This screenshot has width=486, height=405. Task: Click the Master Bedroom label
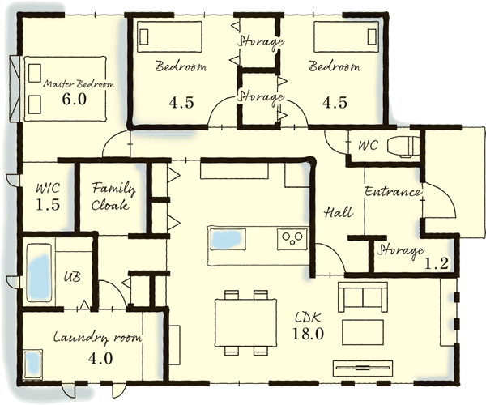[79, 84]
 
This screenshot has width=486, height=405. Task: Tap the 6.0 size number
[74, 99]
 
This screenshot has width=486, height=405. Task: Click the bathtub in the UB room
[39, 273]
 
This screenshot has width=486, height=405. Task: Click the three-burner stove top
[292, 238]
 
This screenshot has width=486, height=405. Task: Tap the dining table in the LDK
[245, 322]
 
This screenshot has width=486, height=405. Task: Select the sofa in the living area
[363, 296]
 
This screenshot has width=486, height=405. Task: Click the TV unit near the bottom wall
[363, 368]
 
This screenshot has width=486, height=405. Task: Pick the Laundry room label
[97, 338]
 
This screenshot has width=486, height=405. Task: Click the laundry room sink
[32, 364]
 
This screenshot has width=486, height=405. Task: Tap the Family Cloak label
[113, 197]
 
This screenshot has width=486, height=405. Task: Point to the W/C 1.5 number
[48, 205]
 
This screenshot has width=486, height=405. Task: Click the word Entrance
[393, 192]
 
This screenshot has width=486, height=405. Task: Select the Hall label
[338, 212]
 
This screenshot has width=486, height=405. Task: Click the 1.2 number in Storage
[436, 264]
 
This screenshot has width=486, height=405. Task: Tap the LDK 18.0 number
[308, 334]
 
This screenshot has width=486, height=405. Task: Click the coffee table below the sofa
[362, 331]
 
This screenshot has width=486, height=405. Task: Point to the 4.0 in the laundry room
[100, 359]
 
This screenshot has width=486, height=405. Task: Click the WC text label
[369, 145]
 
